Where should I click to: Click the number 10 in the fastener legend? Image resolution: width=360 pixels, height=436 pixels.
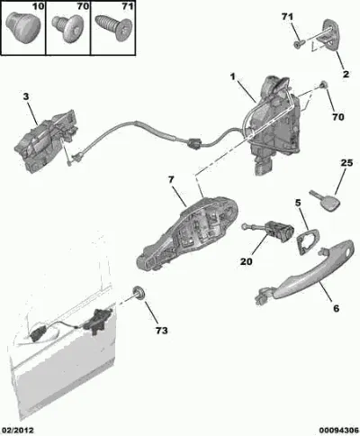[x=38, y=6]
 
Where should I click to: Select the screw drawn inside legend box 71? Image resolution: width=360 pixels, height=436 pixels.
[x=113, y=28]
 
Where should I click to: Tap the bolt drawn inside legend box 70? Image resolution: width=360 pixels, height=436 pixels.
[x=67, y=29]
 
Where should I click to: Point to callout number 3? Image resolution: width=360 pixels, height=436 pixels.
[x=26, y=96]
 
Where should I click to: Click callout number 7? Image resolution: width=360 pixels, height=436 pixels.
[x=171, y=180]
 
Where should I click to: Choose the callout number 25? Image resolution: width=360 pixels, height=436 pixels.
[x=346, y=163]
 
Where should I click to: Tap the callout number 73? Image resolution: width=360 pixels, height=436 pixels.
[x=161, y=331]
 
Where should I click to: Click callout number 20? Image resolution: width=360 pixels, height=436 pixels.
[x=247, y=261]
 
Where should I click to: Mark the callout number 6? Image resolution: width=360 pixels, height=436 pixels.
[x=337, y=308]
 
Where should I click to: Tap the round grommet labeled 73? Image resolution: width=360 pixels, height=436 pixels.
[x=139, y=293]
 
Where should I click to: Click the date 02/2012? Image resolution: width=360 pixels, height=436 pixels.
[x=18, y=431]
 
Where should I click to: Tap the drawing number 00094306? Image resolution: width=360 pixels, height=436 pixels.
[x=338, y=431]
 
